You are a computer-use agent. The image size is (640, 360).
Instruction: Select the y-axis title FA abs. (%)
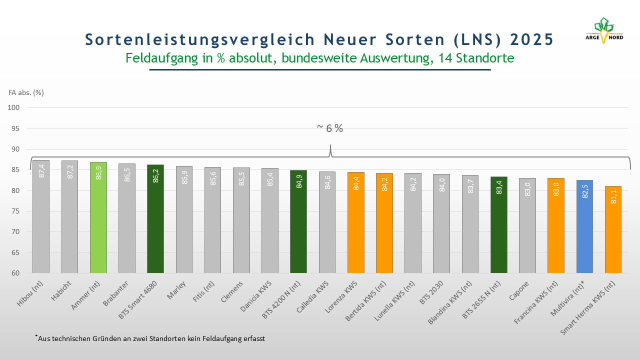(26, 92)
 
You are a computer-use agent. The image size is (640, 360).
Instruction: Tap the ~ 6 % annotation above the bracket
(330, 128)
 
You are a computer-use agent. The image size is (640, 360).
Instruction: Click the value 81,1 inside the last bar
(613, 198)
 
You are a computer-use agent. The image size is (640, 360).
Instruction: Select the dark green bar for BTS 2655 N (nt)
(499, 224)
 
